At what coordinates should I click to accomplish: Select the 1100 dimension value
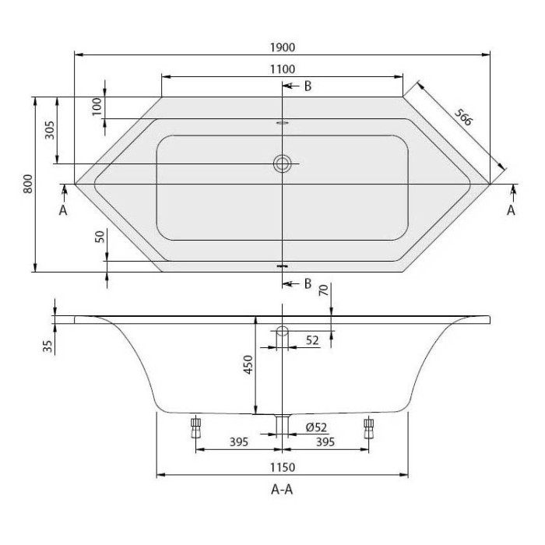coord(283,69)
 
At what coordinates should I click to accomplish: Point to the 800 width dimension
coord(27,184)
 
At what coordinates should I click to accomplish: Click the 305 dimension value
coord(50,130)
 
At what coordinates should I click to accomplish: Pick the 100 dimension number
coord(97,107)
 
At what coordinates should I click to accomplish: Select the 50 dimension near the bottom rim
coord(99,237)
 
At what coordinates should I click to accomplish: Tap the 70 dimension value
coord(323,292)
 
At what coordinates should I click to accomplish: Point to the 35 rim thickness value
coord(48,344)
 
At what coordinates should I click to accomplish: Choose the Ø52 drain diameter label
coord(315,427)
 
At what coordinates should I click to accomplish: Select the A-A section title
coord(283,490)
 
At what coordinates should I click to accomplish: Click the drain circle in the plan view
coord(283,163)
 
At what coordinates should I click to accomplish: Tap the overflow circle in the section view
coord(283,332)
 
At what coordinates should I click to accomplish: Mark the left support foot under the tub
coord(195,427)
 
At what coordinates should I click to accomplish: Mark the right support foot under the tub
coord(369,427)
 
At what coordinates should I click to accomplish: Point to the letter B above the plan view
coord(308,86)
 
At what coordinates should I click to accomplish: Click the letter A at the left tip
coord(63,210)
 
